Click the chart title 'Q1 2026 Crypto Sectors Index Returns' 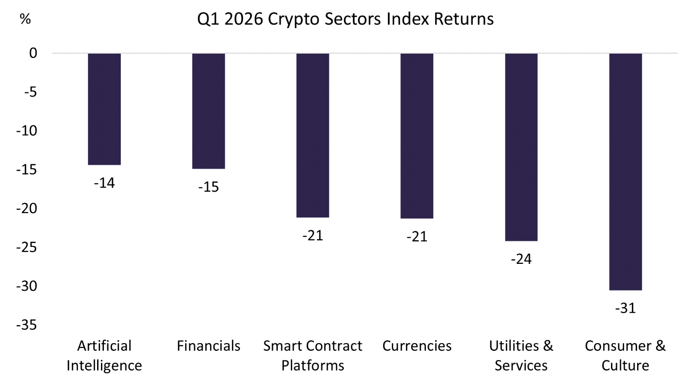pos(345,19)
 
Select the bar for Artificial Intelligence pos(104,109)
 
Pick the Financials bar pos(209,111)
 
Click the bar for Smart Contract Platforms pos(313,135)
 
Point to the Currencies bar pos(417,136)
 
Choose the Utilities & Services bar pos(521,147)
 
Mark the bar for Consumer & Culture pos(625,172)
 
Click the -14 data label pos(104,184)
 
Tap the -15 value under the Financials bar pos(209,187)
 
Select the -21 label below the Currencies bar pos(417,237)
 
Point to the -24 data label pos(521,259)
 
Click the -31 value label pos(625,308)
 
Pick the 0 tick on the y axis pos(33,53)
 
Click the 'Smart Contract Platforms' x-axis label pos(313,355)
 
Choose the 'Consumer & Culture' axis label pos(625,355)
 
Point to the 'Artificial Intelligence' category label pos(104,355)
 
